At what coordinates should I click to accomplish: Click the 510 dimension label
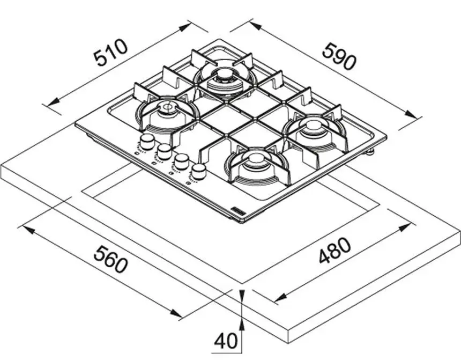[x=111, y=53]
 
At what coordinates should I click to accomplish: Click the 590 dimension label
[x=339, y=56]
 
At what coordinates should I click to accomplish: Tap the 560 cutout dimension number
[x=110, y=259]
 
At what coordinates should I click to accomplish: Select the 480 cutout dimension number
[x=334, y=251]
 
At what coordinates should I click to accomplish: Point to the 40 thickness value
[x=225, y=341]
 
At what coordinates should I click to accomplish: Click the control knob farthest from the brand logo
[x=146, y=141]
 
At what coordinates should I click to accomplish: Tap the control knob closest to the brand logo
[x=199, y=172]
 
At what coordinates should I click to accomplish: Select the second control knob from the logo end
[x=181, y=161]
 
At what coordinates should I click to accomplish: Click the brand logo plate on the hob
[x=237, y=211]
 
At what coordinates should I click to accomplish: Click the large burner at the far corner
[x=225, y=79]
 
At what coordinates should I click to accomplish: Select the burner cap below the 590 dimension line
[x=314, y=127]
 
